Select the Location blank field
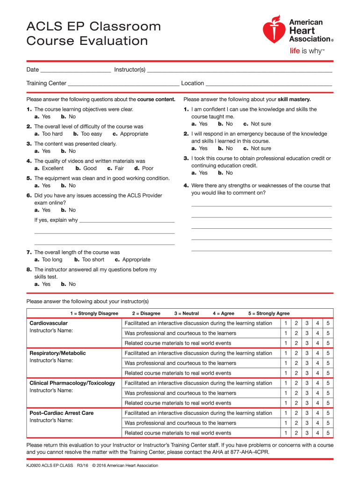(269, 85)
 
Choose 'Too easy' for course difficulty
(88, 134)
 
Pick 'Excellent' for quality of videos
(50, 168)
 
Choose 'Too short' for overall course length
(90, 260)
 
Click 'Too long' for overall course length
(49, 260)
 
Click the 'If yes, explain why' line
(127, 221)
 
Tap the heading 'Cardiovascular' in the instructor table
(49, 323)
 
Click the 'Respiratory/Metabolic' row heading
(58, 353)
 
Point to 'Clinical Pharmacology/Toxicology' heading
(72, 383)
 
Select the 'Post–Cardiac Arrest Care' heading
(61, 413)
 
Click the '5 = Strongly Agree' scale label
(269, 313)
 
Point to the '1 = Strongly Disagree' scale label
(94, 313)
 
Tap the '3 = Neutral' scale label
(186, 313)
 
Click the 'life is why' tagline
(307, 51)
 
